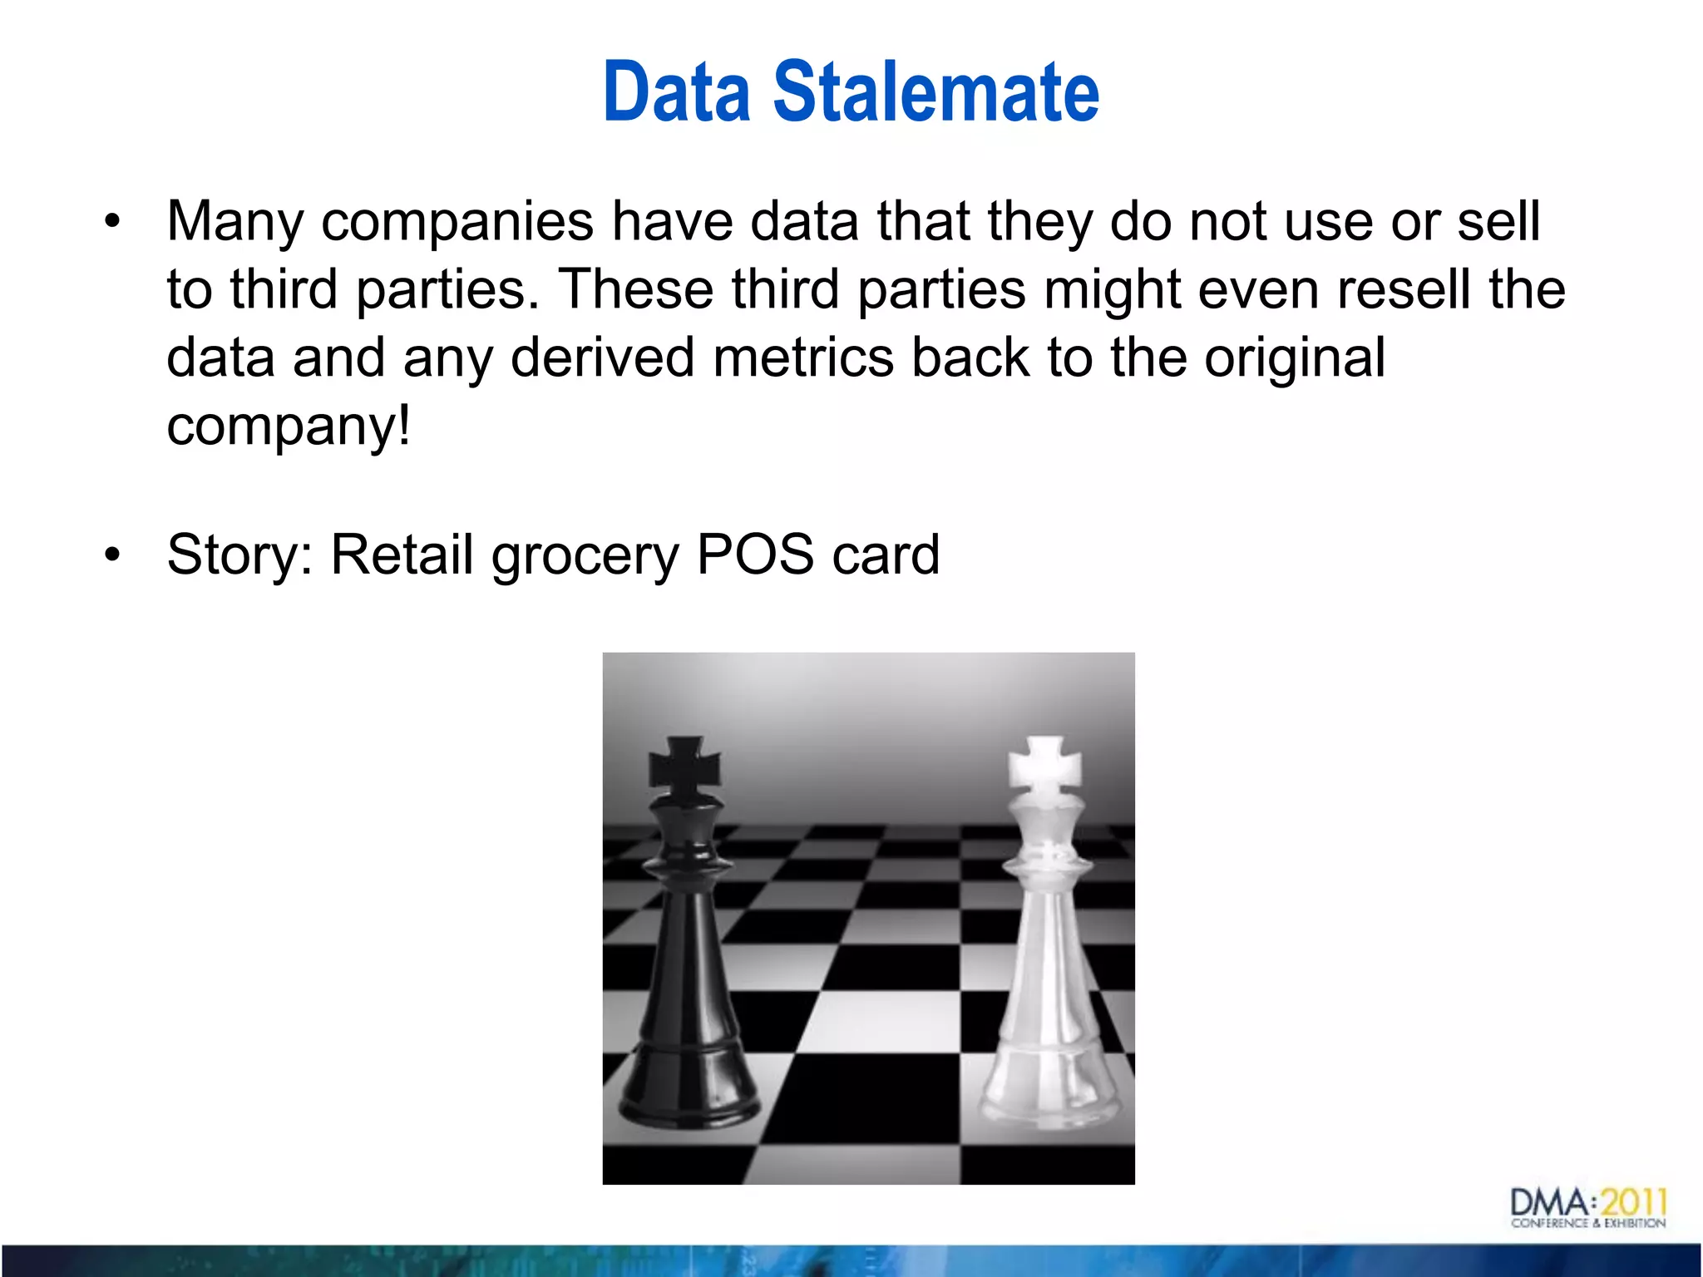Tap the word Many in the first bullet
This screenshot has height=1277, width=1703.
click(x=234, y=223)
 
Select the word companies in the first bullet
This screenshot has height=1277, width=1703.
click(x=457, y=223)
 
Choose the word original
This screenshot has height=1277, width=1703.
click(x=1295, y=359)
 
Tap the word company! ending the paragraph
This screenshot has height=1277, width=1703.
click(x=289, y=427)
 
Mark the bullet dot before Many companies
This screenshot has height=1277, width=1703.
click(x=112, y=223)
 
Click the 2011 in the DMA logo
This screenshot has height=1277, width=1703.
click(x=1634, y=1202)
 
